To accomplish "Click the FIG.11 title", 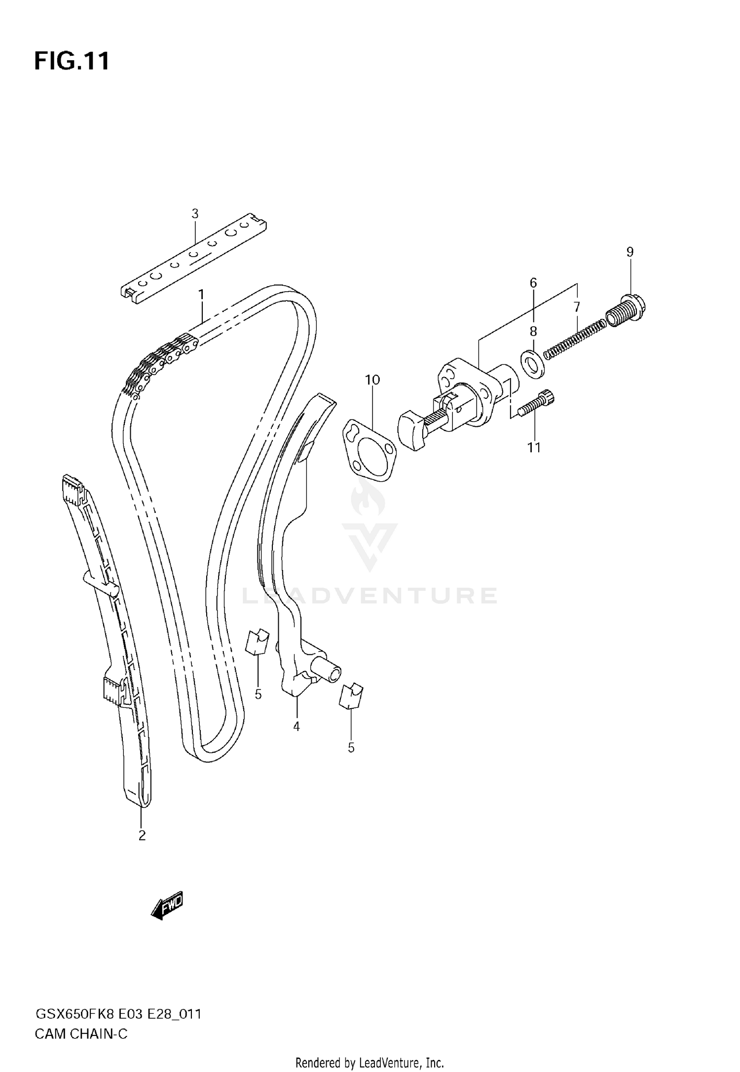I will tap(72, 62).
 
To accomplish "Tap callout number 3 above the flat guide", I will tap(195, 214).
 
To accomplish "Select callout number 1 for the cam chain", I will tap(201, 295).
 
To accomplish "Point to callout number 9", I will tap(630, 252).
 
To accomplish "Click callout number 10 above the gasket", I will tap(372, 380).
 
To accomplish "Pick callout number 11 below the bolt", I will tap(534, 448).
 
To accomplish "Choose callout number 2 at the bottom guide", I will tap(142, 836).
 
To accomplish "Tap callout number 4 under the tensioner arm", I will tap(296, 727).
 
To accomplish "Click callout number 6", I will tap(533, 283).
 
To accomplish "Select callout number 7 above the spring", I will tap(577, 306).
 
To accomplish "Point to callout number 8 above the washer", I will tap(533, 331).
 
